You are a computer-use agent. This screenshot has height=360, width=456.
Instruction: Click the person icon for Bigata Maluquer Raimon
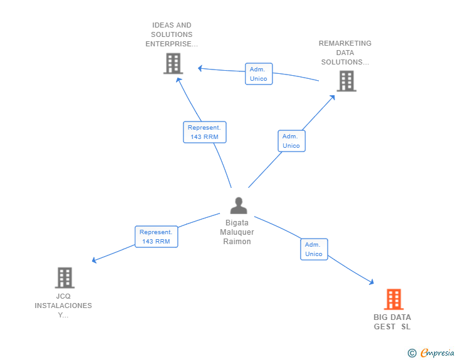[238, 205]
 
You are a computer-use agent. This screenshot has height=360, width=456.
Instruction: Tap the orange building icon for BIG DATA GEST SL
[393, 299]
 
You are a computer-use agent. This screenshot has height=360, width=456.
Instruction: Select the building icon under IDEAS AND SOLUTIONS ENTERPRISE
[172, 63]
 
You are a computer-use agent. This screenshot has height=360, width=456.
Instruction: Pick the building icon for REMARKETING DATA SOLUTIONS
[346, 81]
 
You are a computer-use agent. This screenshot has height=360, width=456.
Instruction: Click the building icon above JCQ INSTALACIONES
[65, 277]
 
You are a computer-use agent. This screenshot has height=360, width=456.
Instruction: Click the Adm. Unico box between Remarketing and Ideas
[259, 74]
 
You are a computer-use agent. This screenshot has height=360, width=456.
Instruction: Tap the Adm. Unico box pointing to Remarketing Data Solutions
[291, 141]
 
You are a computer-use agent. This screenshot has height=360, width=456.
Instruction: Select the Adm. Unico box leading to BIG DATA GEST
[314, 249]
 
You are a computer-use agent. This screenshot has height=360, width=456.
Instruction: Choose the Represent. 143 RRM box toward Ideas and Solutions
[204, 132]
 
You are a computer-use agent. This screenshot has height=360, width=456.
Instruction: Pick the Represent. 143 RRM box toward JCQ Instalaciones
[156, 237]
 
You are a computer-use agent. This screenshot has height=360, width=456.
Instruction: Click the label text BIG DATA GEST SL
[393, 322]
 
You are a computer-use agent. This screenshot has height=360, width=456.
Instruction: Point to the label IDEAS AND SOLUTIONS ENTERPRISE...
[172, 34]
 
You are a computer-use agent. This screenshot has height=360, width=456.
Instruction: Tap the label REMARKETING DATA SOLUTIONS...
[345, 53]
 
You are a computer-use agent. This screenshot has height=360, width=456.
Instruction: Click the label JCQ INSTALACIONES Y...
[63, 306]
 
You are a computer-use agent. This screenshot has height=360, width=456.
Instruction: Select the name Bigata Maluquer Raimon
[237, 232]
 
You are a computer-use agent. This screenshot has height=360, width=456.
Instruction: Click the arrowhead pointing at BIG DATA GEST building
[371, 284]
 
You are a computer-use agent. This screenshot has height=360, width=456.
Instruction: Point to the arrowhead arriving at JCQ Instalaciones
[94, 260]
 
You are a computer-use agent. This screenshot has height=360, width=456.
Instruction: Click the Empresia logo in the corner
[437, 353]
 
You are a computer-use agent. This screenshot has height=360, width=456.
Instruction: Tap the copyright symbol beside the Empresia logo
[412, 353]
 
